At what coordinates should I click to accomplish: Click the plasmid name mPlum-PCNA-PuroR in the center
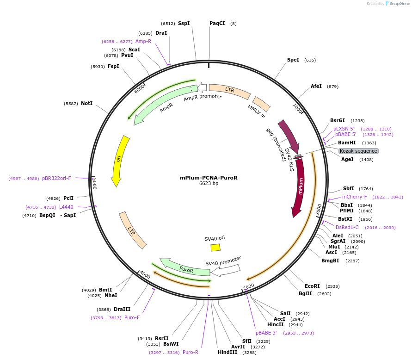[209, 178]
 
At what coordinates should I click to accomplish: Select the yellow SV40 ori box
[215, 248]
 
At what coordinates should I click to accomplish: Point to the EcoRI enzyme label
[312, 286]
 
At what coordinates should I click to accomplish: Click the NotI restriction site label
[86, 103]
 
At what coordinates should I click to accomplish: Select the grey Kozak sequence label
[358, 151]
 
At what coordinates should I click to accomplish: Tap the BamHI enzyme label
[347, 143]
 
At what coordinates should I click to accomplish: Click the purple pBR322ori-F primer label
[56, 178]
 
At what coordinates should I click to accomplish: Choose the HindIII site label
[227, 352]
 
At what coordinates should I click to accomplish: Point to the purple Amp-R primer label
[143, 41]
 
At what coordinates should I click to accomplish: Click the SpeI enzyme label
[293, 60]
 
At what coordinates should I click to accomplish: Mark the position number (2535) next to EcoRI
[332, 286]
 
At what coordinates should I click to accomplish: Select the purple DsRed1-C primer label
[347, 227]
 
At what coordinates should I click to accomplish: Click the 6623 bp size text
[209, 184]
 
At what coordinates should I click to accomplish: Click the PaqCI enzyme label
[217, 23]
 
